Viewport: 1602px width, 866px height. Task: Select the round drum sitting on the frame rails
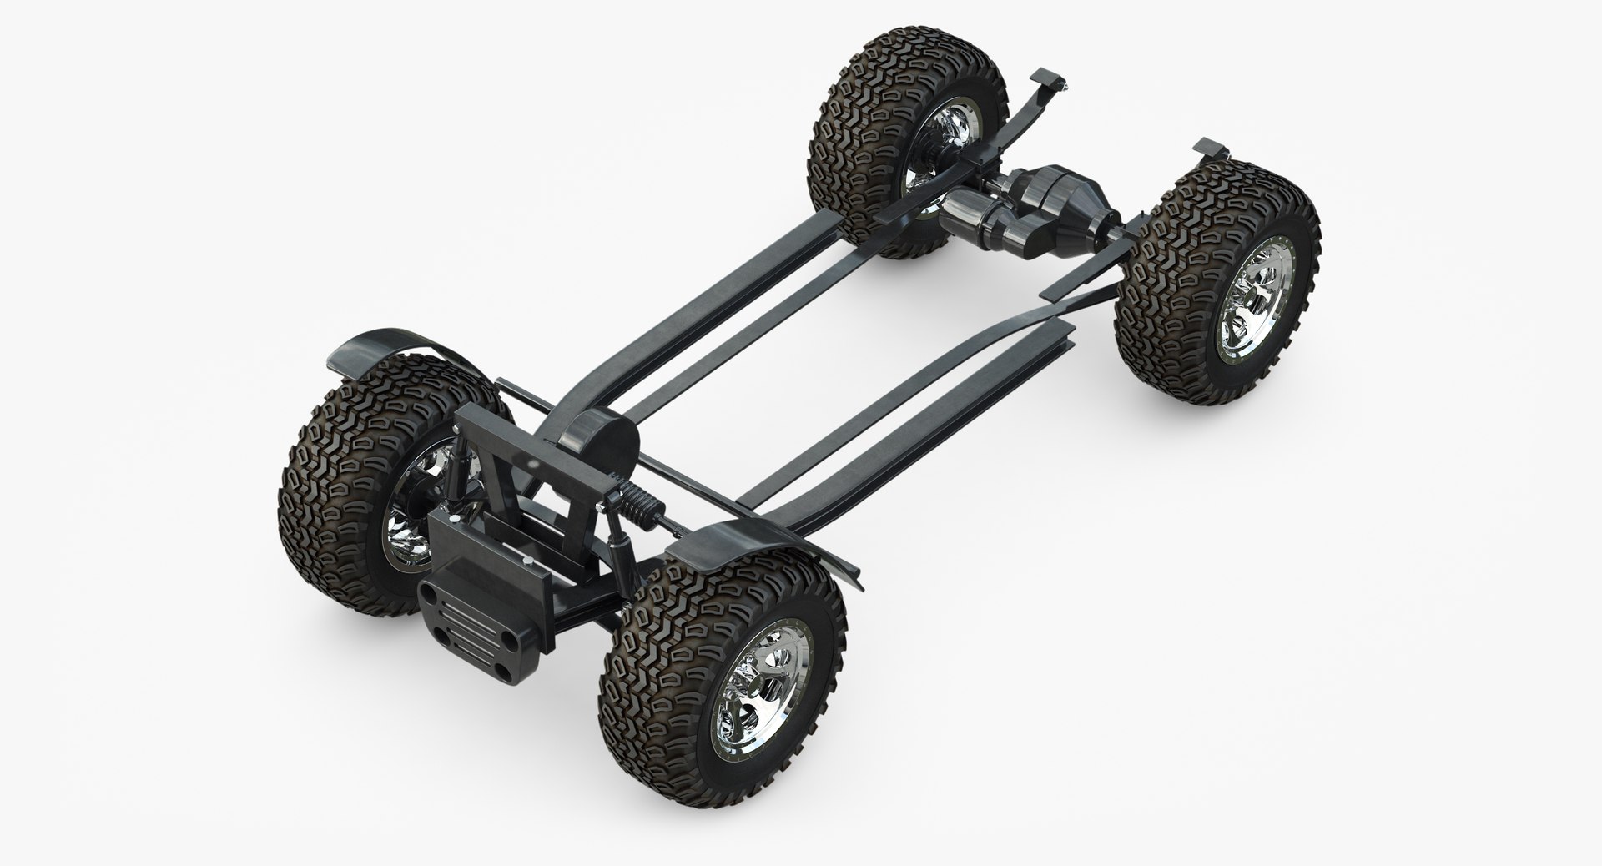(596, 442)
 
